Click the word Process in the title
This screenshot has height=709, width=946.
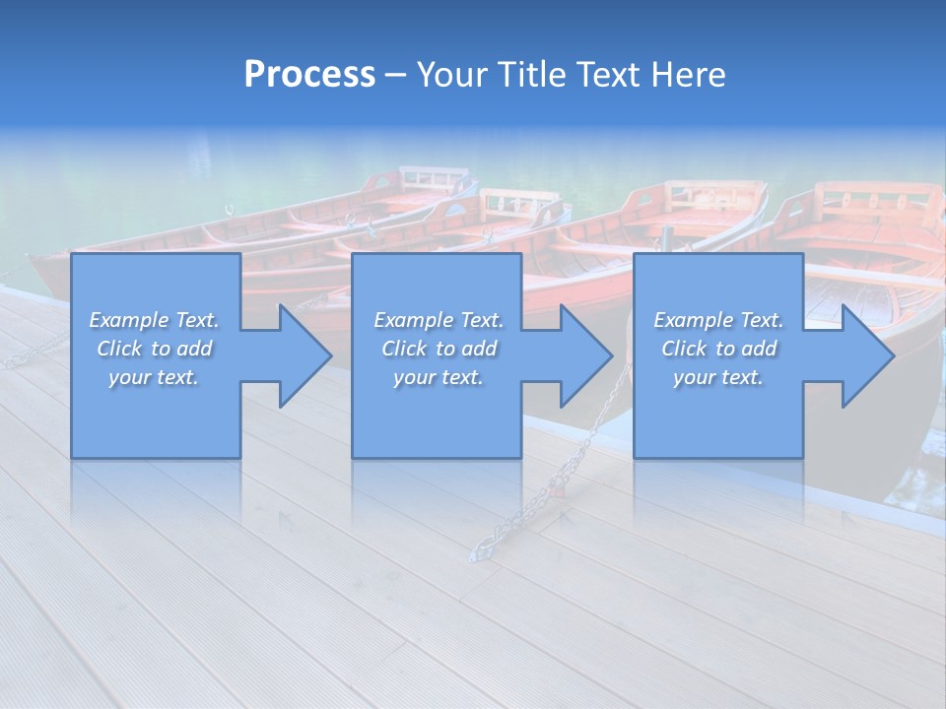point(309,75)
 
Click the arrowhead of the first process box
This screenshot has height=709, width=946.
point(305,355)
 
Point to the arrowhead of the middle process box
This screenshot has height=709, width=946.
point(586,355)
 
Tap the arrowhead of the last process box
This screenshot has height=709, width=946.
point(868,355)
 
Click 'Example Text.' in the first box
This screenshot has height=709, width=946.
point(154,320)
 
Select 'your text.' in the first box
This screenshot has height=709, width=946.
point(154,377)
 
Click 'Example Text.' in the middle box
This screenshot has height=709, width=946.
point(439,320)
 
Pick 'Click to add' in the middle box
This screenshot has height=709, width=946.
point(439,349)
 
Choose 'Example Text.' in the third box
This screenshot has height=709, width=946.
point(718,320)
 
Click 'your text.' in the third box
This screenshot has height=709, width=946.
point(718,377)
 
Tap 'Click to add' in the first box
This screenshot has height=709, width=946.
point(154,349)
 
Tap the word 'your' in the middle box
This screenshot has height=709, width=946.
point(414,377)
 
